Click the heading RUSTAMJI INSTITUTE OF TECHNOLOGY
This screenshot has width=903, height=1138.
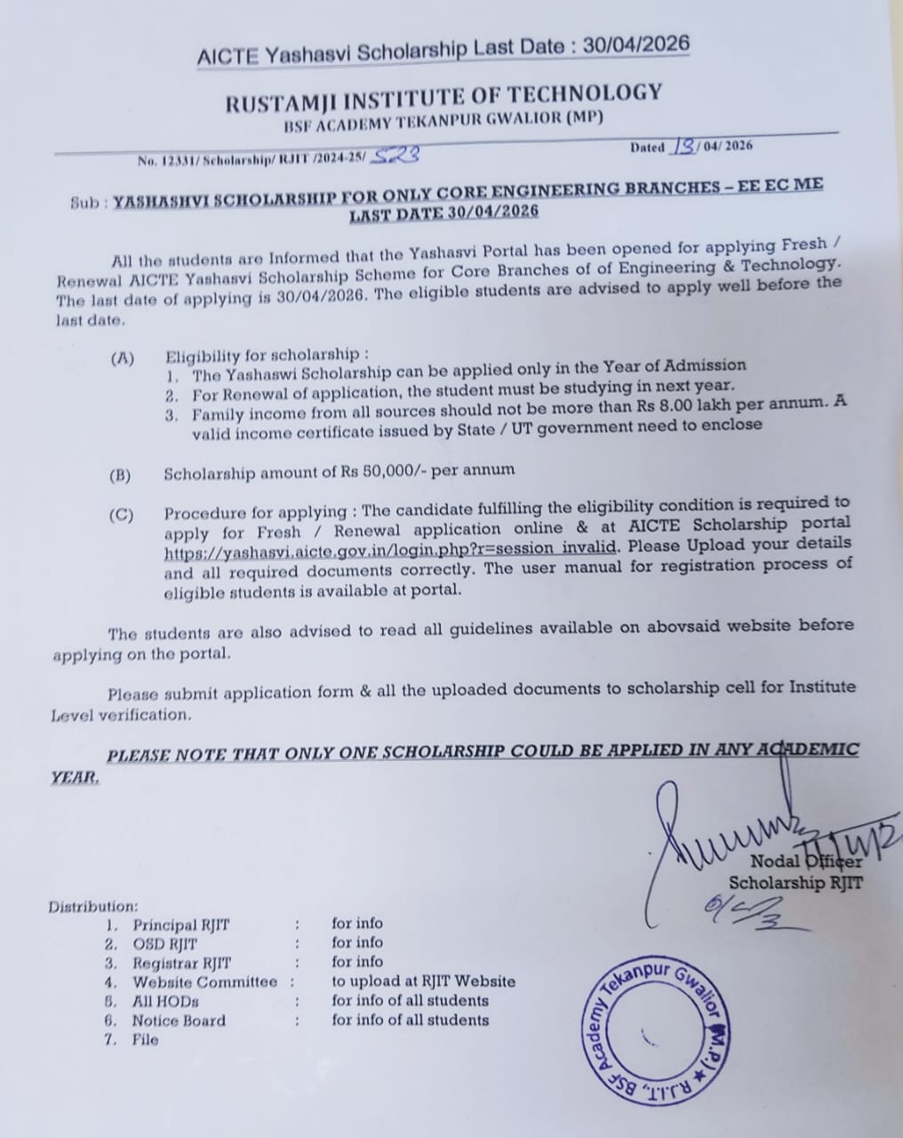444,98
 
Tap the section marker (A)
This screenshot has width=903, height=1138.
122,358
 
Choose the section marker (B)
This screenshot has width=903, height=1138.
120,475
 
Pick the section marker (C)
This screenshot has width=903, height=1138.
121,516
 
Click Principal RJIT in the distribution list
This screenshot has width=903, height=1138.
180,925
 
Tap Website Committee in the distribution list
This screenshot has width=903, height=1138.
204,982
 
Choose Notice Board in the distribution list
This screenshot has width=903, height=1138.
179,1021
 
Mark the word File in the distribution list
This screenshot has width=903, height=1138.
145,1039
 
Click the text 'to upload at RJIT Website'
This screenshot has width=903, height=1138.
423,982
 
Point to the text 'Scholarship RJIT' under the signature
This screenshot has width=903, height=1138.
795,882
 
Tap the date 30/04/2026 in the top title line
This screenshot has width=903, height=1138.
635,45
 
